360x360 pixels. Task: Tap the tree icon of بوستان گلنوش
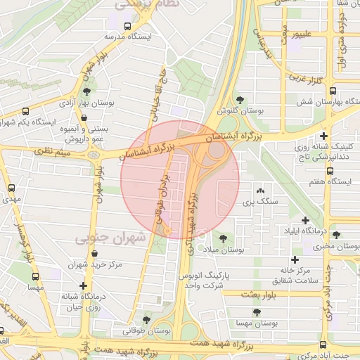click(240, 100)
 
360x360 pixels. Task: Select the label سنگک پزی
click(257, 202)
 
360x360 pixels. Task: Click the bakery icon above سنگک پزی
click(260, 191)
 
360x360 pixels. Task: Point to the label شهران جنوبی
click(110, 238)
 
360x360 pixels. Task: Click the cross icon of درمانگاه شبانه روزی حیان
click(85, 285)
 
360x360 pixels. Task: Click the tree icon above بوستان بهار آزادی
click(86, 91)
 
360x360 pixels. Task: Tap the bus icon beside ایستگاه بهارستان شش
click(333, 91)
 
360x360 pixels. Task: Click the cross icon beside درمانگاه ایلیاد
click(304, 220)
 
